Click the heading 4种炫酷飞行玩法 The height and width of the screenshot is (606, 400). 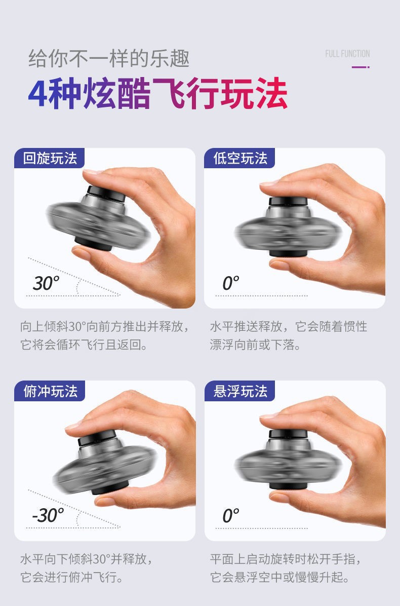pyautogui.click(x=157, y=94)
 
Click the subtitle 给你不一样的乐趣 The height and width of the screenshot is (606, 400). pyautogui.click(x=109, y=59)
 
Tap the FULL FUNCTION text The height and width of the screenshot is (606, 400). pyautogui.click(x=347, y=54)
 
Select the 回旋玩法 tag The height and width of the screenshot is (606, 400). pyautogui.click(x=50, y=158)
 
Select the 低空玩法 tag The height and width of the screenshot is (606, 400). pyautogui.click(x=240, y=158)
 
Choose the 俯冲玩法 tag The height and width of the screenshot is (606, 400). pyautogui.click(x=50, y=391)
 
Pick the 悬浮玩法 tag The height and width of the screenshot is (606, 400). pyautogui.click(x=240, y=391)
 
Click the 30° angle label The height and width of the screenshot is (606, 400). pyautogui.click(x=46, y=283)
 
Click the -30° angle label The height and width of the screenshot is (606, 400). pyautogui.click(x=48, y=515)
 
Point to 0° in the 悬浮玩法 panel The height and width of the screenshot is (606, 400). pyautogui.click(x=231, y=515)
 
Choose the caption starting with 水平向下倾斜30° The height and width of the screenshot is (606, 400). pyautogui.click(x=86, y=568)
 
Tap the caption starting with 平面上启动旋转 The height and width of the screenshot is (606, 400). pyautogui.click(x=286, y=568)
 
